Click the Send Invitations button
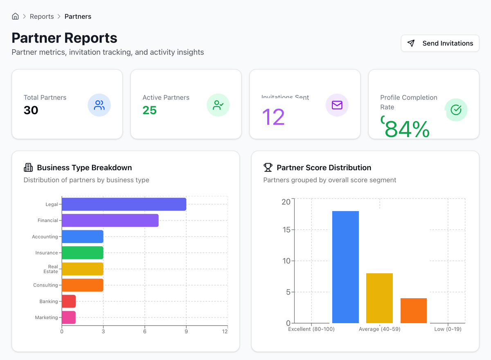(440, 43)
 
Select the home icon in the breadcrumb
(15, 16)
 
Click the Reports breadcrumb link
(42, 16)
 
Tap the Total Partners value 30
(31, 110)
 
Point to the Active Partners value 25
(150, 110)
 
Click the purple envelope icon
(337, 105)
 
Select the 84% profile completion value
(407, 129)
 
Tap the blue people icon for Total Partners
(99, 105)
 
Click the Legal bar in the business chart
(124, 204)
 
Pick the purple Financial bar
(110, 220)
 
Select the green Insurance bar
(83, 253)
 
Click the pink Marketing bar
(69, 317)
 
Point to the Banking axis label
(49, 301)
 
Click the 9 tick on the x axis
(186, 331)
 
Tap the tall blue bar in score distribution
(345, 267)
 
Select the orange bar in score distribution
(413, 310)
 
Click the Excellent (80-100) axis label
(311, 329)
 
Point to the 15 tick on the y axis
(286, 230)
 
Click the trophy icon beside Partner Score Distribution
(268, 167)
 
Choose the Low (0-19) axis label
(448, 329)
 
